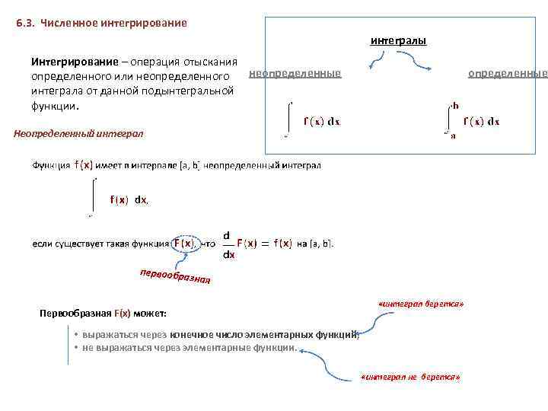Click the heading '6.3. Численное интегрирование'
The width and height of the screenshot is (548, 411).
(101, 23)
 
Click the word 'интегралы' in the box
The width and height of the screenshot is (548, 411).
(398, 40)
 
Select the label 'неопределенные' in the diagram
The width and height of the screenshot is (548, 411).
(295, 73)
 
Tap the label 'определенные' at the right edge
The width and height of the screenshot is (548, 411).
(507, 73)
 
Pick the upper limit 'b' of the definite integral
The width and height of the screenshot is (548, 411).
(455, 105)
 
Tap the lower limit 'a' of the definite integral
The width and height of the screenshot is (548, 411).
(454, 136)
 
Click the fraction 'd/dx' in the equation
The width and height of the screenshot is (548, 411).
(228, 244)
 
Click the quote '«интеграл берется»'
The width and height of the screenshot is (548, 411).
(420, 304)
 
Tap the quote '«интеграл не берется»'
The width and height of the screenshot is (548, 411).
(410, 377)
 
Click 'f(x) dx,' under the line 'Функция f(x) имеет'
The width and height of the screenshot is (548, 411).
(129, 199)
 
